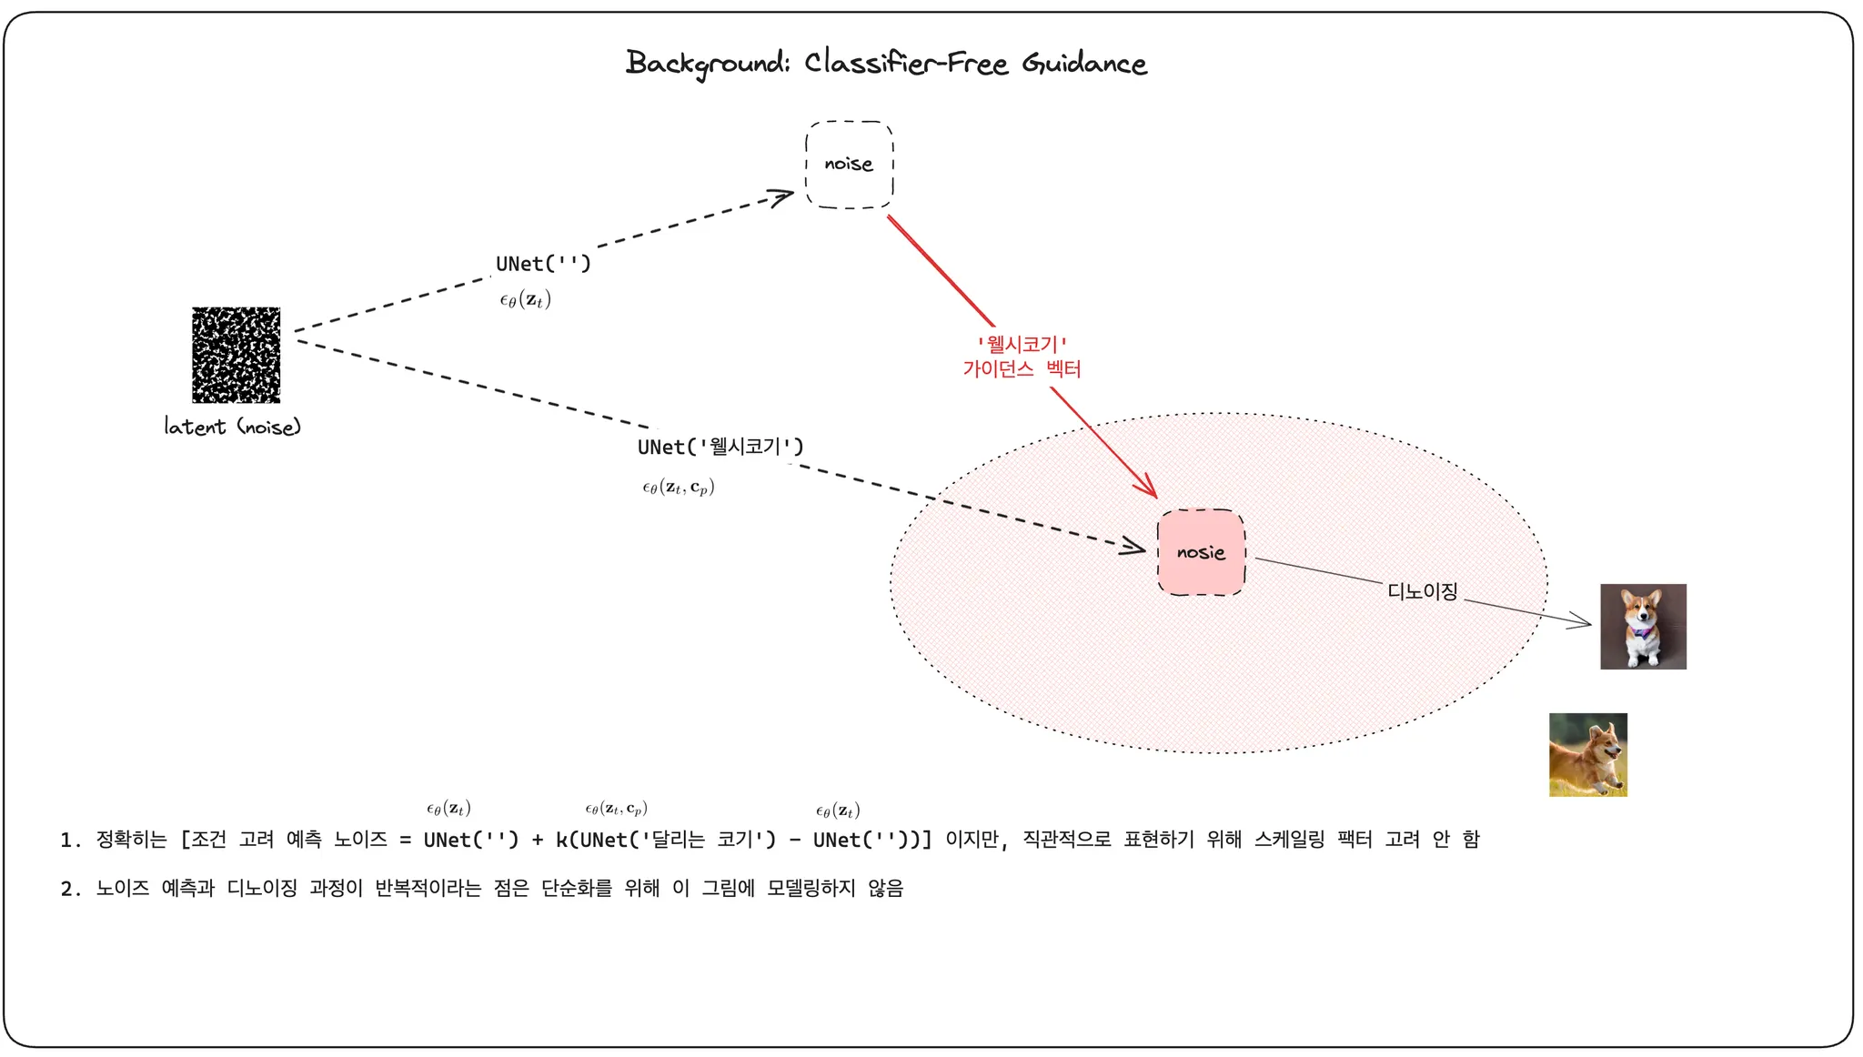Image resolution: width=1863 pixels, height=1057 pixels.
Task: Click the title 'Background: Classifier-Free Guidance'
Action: click(x=886, y=63)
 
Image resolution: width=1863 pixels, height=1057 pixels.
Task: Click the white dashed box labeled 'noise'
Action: click(x=849, y=165)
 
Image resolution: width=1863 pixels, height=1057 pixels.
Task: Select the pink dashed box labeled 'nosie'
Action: click(x=1201, y=552)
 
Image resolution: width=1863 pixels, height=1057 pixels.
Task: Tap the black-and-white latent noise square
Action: click(x=236, y=355)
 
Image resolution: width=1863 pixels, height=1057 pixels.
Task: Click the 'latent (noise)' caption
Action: click(x=232, y=427)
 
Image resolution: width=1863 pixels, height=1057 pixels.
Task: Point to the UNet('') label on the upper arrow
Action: click(x=543, y=264)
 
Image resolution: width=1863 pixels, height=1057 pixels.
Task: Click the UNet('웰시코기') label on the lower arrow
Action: click(x=720, y=447)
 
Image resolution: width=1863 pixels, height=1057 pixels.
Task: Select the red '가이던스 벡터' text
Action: click(x=1022, y=368)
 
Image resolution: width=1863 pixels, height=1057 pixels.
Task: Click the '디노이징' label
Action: click(x=1422, y=591)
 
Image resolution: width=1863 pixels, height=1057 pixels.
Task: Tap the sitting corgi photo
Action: click(x=1643, y=627)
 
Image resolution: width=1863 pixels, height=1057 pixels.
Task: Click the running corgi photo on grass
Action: click(x=1587, y=755)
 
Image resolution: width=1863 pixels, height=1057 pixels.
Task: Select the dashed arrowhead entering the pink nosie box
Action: click(x=1136, y=547)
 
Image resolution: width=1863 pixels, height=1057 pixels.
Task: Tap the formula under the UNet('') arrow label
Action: click(x=525, y=300)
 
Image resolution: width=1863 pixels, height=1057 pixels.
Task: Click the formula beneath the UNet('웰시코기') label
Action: click(x=678, y=488)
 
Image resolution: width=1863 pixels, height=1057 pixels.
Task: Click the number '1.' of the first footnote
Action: click(x=71, y=840)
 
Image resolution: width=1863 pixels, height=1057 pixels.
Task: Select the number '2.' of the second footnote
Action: click(x=71, y=889)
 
